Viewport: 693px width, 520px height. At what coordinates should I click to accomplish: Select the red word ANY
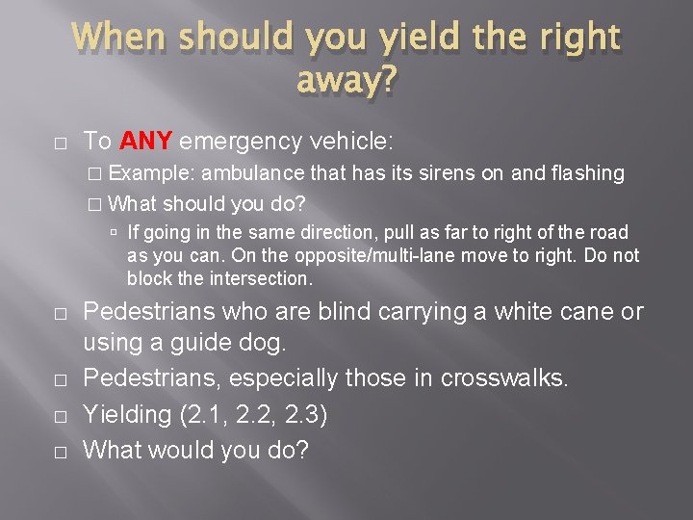(x=145, y=142)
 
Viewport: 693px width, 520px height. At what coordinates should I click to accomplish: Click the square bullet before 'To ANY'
(x=60, y=143)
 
